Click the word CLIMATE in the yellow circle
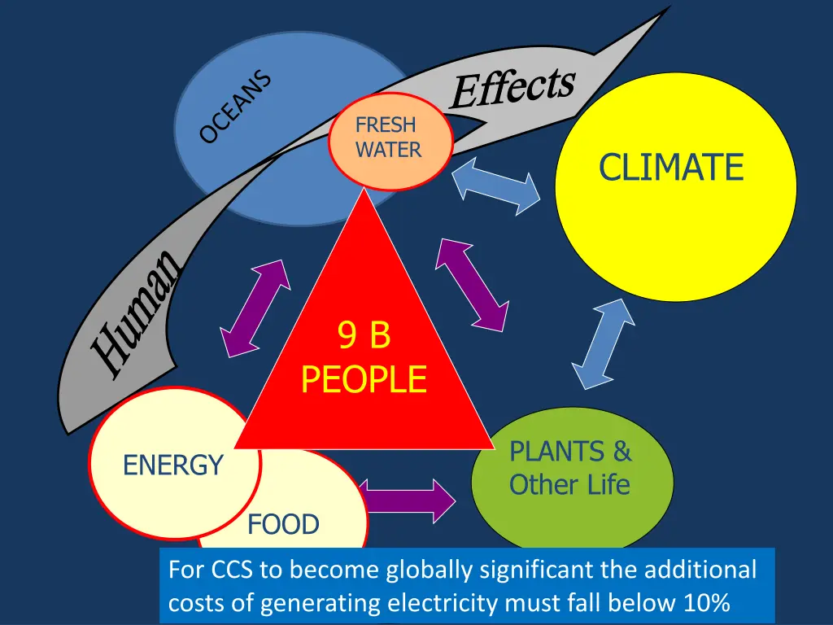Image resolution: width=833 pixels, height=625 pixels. point(671,168)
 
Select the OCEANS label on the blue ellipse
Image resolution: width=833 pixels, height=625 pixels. point(236,107)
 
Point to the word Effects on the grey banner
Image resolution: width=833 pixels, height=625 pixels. point(512,89)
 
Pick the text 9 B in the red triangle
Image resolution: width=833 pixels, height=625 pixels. point(364,336)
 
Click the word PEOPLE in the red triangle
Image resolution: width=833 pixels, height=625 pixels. point(364,379)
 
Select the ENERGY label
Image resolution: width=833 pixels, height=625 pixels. point(172,465)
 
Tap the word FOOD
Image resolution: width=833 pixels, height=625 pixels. point(283,525)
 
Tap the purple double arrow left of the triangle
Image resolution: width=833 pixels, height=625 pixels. point(255,308)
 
